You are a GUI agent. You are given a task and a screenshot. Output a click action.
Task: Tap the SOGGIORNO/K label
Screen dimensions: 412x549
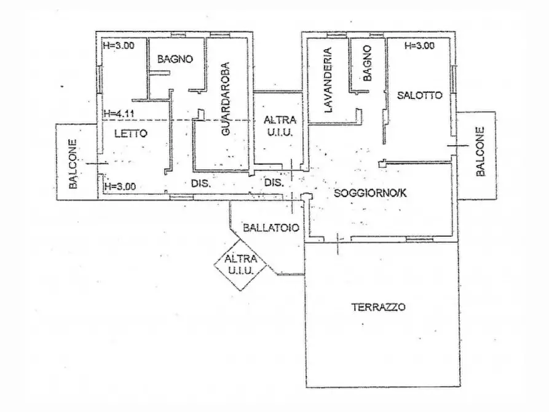click(370, 194)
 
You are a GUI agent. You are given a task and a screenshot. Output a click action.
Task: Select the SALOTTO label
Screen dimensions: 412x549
click(419, 95)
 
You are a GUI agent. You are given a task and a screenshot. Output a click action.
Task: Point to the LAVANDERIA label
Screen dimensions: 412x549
click(328, 81)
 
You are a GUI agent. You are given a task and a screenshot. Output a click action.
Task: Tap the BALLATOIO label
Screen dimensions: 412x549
click(271, 227)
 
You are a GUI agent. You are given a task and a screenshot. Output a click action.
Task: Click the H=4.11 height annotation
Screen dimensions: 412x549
click(119, 113)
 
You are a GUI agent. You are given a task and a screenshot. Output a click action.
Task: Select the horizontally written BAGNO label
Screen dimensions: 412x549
click(175, 60)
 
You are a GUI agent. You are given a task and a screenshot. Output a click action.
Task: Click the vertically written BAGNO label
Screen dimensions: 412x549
click(368, 64)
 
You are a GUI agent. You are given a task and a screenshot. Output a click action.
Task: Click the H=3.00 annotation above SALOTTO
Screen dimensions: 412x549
click(419, 46)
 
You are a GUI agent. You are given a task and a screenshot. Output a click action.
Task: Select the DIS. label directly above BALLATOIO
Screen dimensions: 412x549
click(273, 183)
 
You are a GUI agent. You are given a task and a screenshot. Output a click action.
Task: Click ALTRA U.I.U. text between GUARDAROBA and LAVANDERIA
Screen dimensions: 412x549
click(280, 125)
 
